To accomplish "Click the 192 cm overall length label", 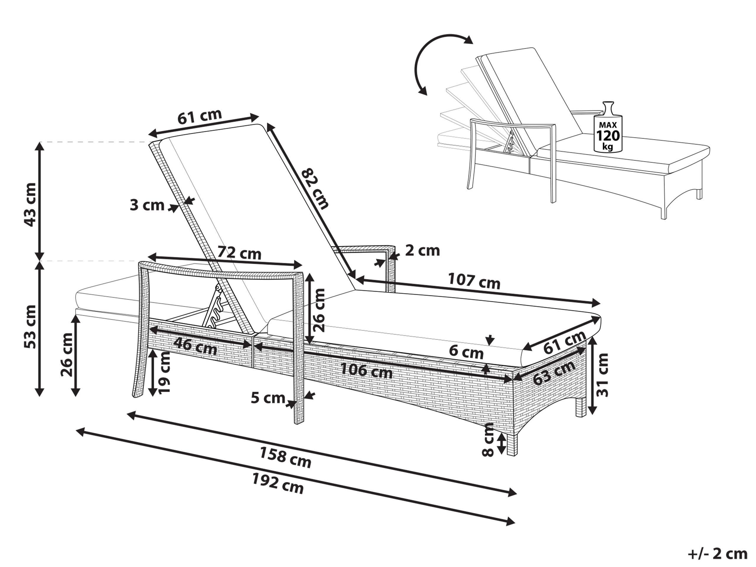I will point(278,483).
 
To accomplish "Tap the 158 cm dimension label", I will point(285,457).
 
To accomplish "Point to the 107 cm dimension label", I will point(474,281).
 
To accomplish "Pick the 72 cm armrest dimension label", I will point(239,253).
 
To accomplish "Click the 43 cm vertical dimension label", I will point(31,204).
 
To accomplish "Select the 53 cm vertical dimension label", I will point(31,326).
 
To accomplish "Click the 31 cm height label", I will point(602,375).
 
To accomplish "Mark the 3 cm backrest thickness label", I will point(147,206).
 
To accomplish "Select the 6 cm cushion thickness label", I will point(466,351).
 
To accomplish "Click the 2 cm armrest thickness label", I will point(422,250).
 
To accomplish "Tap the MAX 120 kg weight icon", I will point(608,128).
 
